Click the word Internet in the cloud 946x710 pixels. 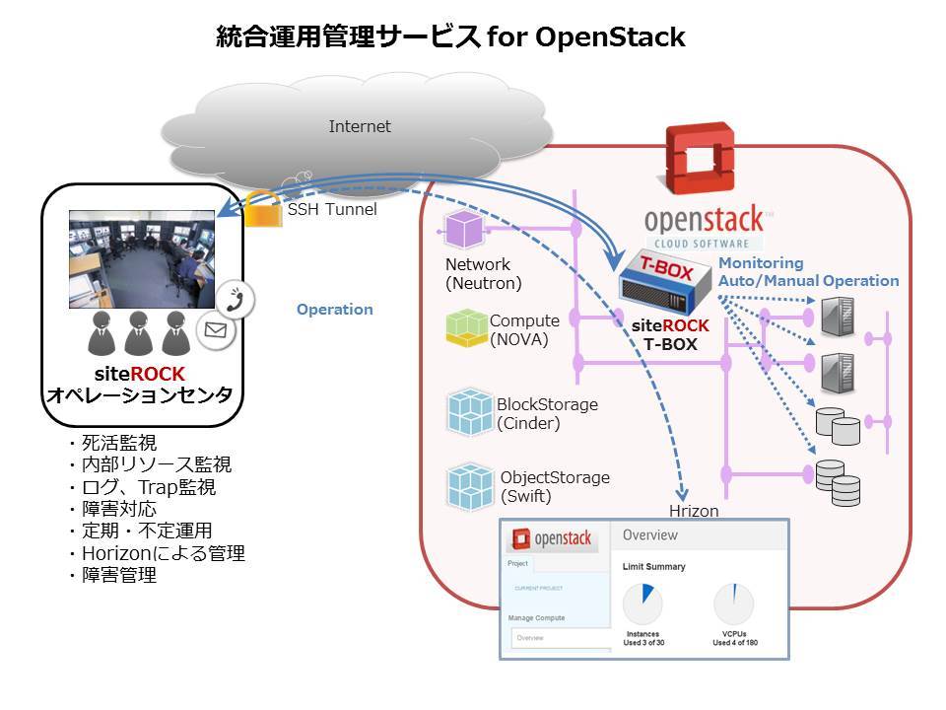click(360, 126)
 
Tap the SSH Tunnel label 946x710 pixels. click(332, 209)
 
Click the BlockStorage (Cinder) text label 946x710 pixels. click(547, 414)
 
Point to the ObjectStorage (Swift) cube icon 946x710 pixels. click(470, 485)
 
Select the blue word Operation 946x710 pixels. click(335, 310)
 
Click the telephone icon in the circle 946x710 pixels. click(236, 298)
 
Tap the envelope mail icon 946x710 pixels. click(215, 331)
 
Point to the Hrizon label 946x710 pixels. click(694, 511)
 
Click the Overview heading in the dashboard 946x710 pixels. click(650, 534)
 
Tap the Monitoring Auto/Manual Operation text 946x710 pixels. click(808, 272)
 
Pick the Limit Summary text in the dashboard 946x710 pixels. click(654, 567)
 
